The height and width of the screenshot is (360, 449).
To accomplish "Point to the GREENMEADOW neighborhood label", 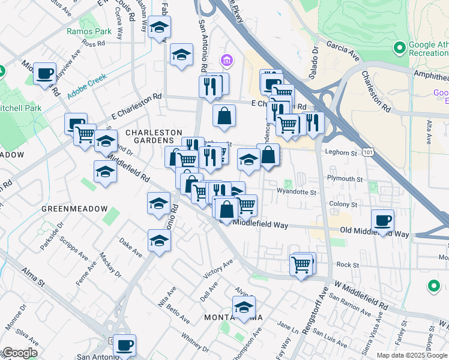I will [74, 208].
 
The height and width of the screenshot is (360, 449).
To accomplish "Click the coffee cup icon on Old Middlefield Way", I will [382, 220].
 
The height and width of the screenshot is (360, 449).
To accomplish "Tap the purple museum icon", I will [227, 60].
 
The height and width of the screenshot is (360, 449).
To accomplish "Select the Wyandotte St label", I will [296, 192].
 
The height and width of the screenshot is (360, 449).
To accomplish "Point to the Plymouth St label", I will [345, 179].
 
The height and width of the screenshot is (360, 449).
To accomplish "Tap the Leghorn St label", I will [341, 153].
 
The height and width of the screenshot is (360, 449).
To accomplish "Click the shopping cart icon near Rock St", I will [301, 264].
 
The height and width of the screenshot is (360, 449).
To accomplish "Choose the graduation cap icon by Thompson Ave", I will [244, 307].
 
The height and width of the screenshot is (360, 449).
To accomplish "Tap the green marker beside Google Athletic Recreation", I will [399, 47].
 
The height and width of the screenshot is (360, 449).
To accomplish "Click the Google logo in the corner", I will [19, 353].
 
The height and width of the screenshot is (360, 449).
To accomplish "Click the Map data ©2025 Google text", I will [412, 355].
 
